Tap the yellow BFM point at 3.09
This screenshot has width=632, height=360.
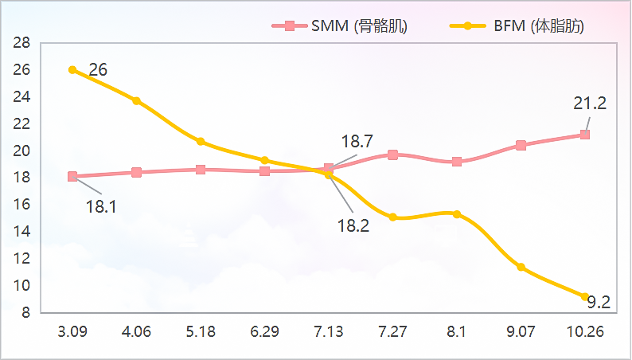[x=72, y=70]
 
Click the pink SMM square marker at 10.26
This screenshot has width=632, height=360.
[x=585, y=135]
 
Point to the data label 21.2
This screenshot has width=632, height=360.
[x=590, y=103]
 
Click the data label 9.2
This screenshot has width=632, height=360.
[x=599, y=303]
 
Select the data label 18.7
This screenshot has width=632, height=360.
[x=357, y=142]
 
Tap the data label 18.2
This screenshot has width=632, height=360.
[x=353, y=225]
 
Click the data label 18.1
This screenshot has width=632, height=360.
[x=101, y=207]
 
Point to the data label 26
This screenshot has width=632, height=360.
[x=98, y=70]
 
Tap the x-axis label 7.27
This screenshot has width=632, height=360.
[x=392, y=331]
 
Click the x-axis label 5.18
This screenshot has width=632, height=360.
[x=201, y=331]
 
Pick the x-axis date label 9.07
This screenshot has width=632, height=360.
[x=521, y=331]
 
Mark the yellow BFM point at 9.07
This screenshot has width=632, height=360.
[x=521, y=267]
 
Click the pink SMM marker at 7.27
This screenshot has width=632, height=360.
[x=392, y=155]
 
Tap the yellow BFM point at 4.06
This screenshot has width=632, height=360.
[x=137, y=101]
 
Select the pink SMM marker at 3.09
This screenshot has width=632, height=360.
[x=72, y=177]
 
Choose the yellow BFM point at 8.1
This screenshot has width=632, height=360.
[x=457, y=214]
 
